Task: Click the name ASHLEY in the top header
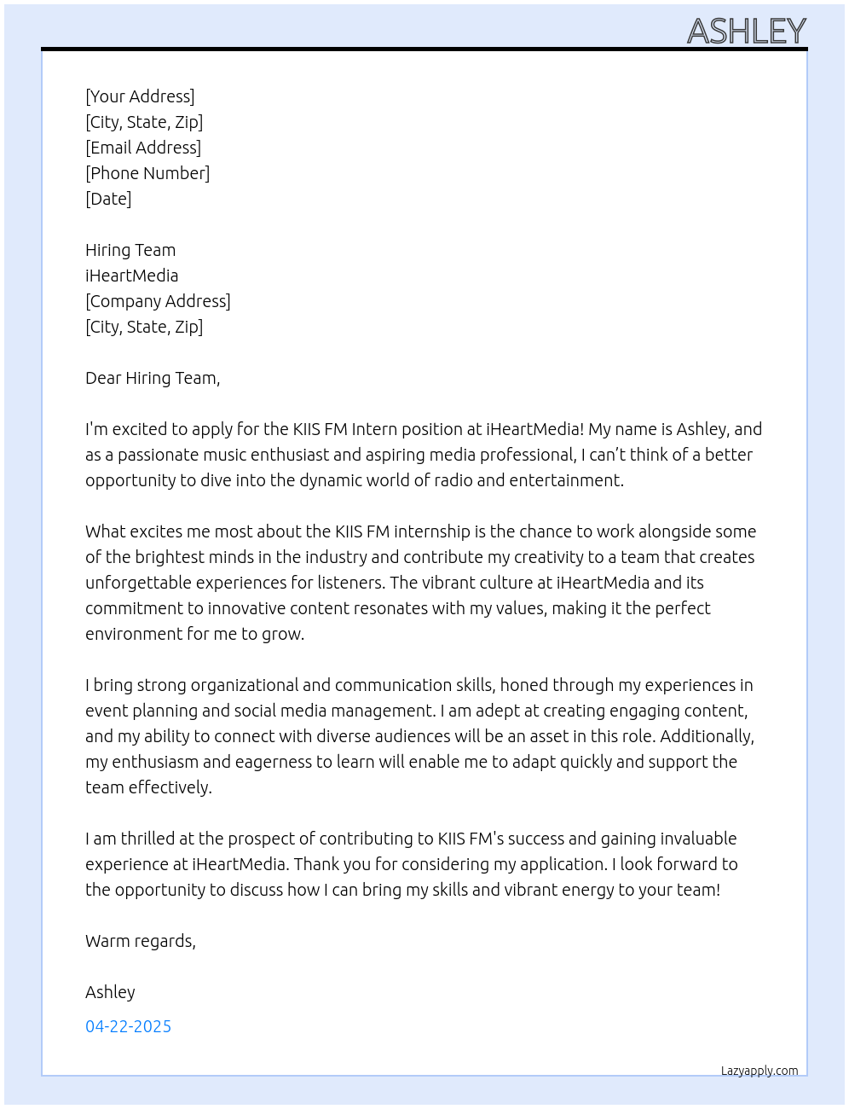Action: [746, 32]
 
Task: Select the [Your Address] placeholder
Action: [140, 96]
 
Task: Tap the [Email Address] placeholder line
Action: [143, 148]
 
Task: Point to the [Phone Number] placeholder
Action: [147, 173]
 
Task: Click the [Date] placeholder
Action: [108, 199]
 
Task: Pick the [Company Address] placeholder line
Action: [158, 301]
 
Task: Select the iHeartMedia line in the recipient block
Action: [132, 276]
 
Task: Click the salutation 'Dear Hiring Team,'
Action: [153, 378]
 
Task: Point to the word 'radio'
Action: [453, 480]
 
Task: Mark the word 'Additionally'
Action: [707, 736]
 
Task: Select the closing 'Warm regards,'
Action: [141, 941]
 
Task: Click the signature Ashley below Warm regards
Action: [110, 992]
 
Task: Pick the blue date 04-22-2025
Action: [128, 1026]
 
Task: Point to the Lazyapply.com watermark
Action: [759, 1071]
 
